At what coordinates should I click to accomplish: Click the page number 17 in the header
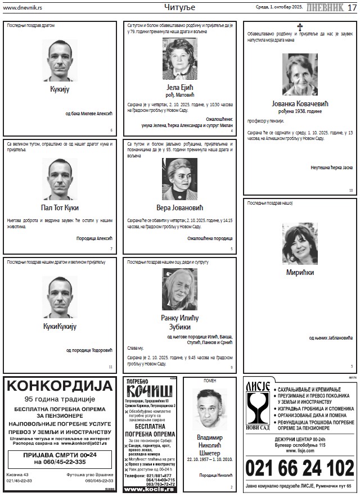(x=352, y=7)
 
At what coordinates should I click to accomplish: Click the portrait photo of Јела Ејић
(x=180, y=59)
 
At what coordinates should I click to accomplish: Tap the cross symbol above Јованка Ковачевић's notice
(x=300, y=26)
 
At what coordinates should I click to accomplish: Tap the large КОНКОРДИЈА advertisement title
(x=60, y=386)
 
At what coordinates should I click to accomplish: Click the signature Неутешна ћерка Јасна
(x=331, y=167)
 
